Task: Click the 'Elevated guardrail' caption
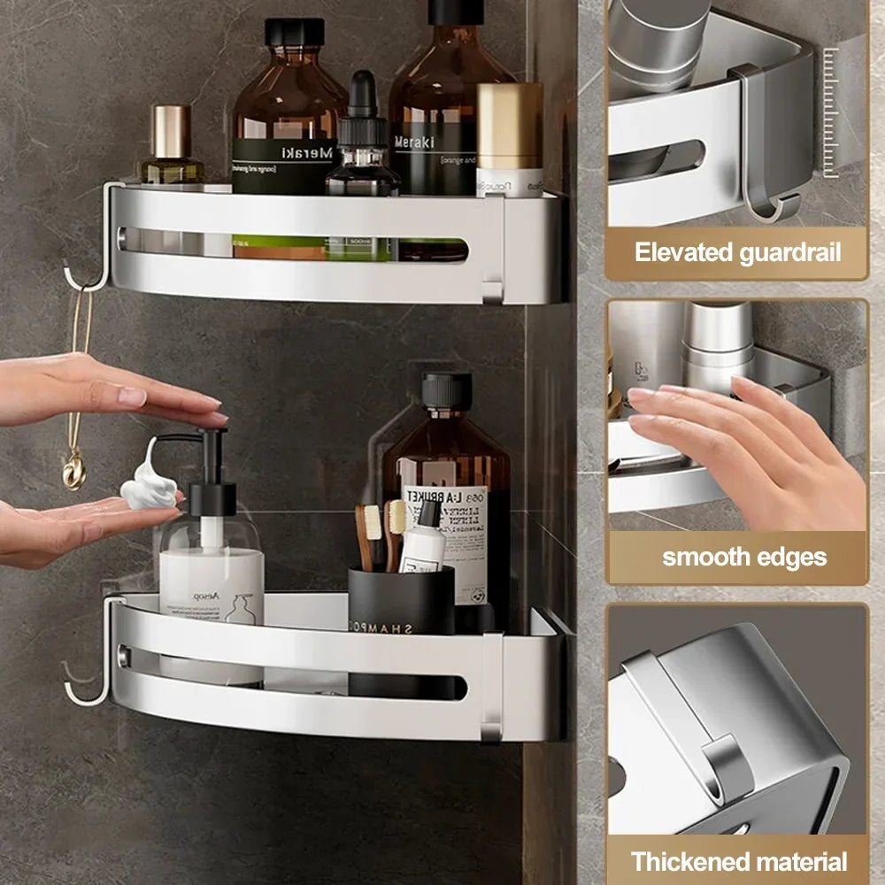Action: [x=736, y=252]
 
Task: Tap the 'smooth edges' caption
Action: [x=744, y=558]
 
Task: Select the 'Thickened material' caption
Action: [x=739, y=861]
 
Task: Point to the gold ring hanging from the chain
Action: [x=74, y=470]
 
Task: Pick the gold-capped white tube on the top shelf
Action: [x=510, y=138]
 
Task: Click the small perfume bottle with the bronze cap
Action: [x=172, y=146]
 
